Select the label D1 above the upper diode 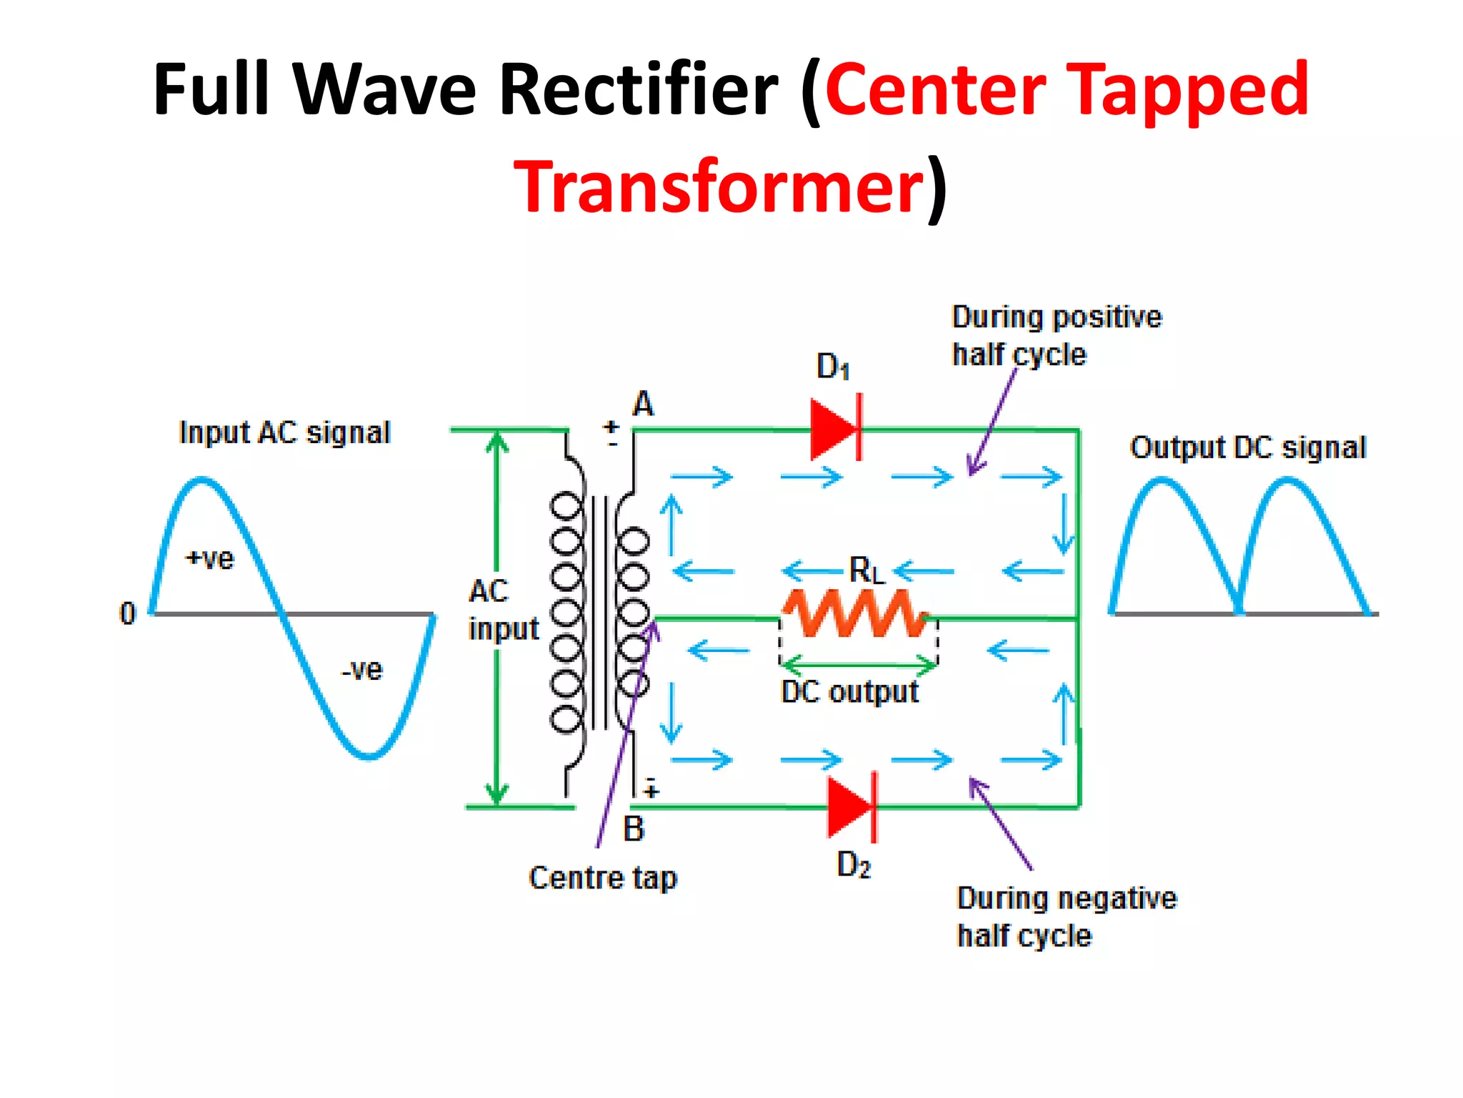(x=833, y=367)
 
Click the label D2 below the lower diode (x=853, y=865)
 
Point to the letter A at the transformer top (x=643, y=404)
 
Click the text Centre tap (x=602, y=878)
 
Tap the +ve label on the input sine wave (x=209, y=558)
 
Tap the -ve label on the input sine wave (x=362, y=670)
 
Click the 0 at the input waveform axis (x=127, y=613)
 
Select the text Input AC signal (x=284, y=432)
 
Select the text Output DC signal (x=1247, y=447)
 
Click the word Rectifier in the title (x=638, y=89)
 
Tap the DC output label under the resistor (x=849, y=692)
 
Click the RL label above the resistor (x=866, y=570)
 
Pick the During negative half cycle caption (x=1066, y=916)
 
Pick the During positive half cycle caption (x=1057, y=335)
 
